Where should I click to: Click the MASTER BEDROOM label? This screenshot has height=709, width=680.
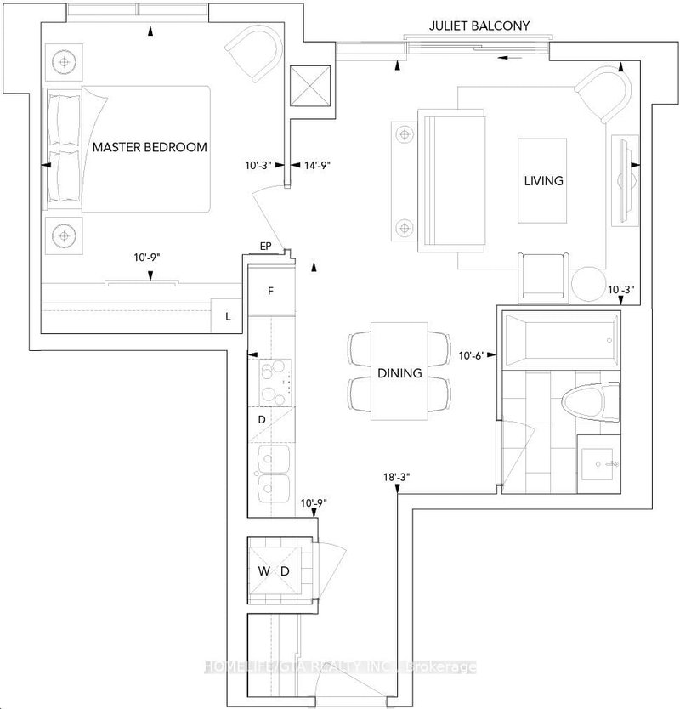point(150,147)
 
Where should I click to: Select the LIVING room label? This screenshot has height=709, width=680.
point(543,181)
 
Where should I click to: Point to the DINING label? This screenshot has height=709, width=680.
point(399,372)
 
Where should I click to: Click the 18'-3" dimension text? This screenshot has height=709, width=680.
point(397,479)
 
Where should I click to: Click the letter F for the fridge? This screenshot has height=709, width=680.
point(270,291)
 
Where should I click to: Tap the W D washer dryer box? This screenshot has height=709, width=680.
point(274,570)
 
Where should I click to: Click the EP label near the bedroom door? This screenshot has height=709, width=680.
point(265,247)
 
